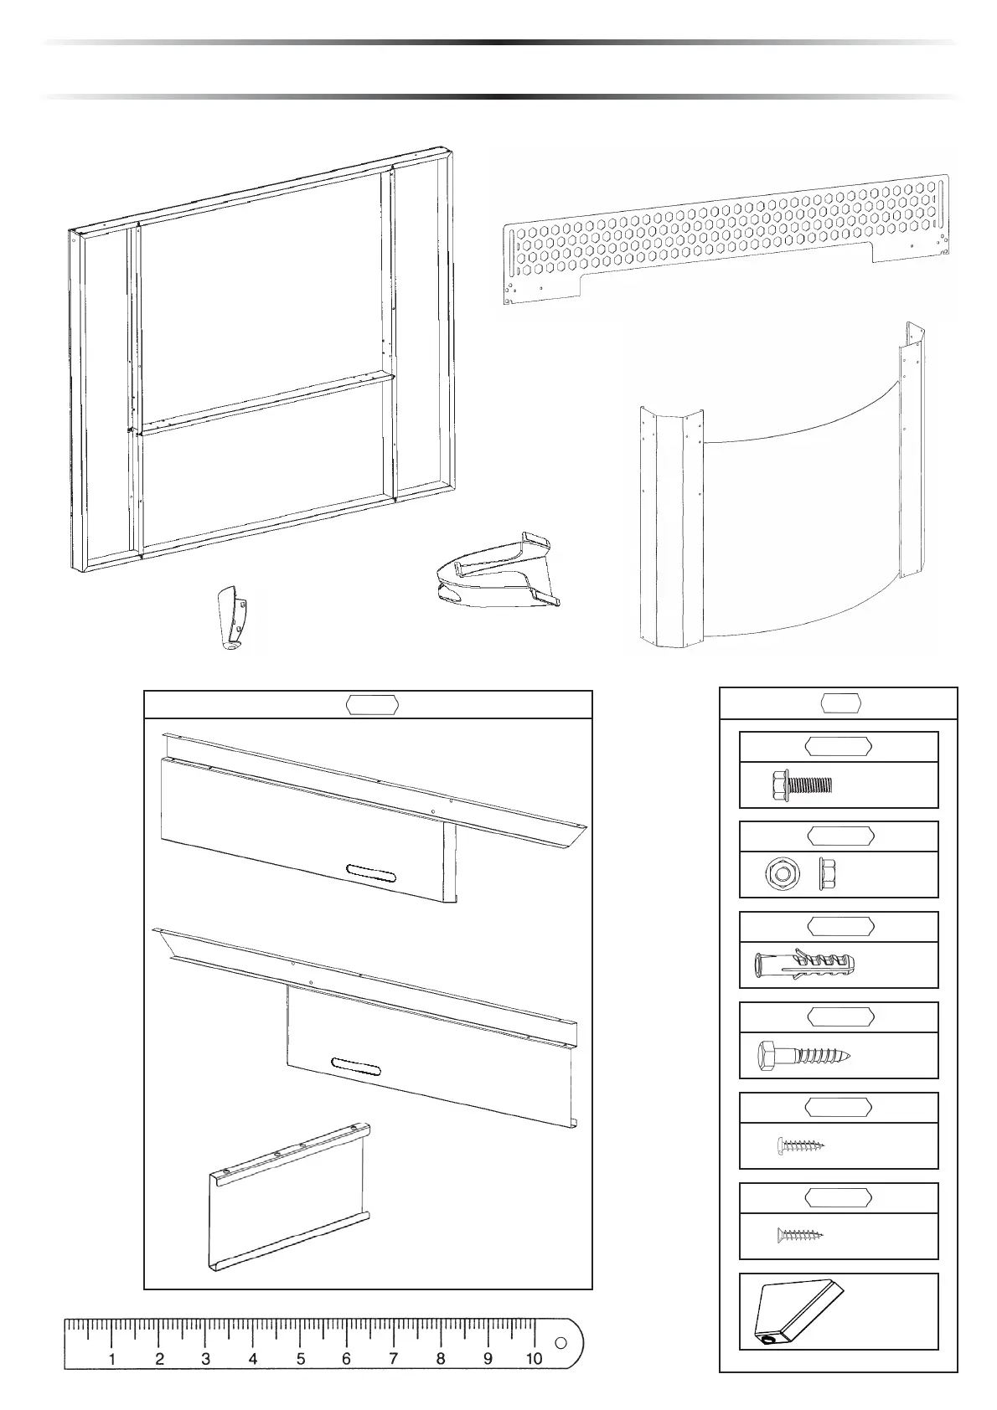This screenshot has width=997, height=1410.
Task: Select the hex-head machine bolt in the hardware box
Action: coord(801,785)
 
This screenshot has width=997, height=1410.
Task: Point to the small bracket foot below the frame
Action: coord(230,618)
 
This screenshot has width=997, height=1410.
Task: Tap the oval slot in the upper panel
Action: coord(370,872)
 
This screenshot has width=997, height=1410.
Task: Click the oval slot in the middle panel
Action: coord(356,1066)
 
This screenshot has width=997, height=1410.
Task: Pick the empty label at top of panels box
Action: coord(372,705)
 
